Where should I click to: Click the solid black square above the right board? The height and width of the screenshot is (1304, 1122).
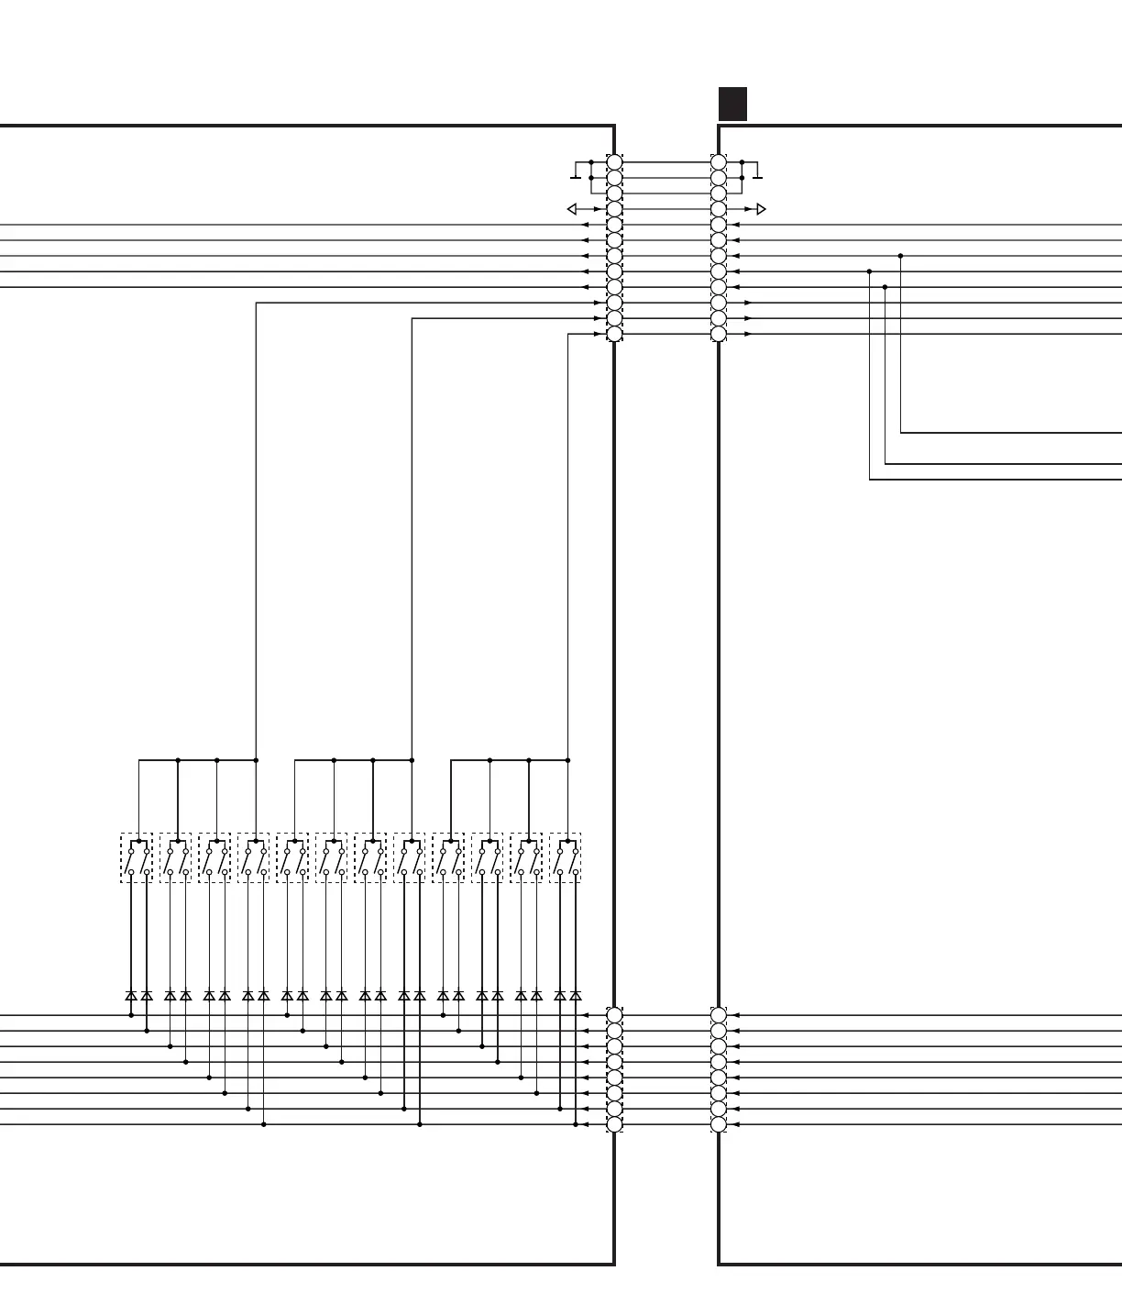pos(732,104)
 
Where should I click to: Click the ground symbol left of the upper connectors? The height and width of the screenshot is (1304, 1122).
pos(575,173)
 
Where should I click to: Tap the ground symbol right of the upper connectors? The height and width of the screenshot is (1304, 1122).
pos(757,173)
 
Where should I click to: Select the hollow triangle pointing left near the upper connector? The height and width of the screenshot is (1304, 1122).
pos(572,209)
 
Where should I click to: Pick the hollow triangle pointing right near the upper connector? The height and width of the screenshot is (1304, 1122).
pos(761,209)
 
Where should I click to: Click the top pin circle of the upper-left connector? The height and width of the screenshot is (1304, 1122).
pos(614,162)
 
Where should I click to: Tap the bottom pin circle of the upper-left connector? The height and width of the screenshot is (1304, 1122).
pos(614,334)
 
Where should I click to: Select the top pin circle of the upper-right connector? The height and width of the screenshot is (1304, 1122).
pos(719,162)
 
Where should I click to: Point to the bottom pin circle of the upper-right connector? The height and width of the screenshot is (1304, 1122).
pos(719,334)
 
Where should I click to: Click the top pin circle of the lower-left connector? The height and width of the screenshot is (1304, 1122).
pos(614,1015)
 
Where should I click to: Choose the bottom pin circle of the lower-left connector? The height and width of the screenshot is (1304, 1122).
pos(614,1124)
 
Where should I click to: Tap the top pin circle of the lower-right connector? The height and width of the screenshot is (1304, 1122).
pos(719,1015)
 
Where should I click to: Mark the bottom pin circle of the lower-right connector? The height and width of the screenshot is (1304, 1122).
pos(719,1124)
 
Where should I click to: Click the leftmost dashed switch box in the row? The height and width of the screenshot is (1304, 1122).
pos(137,858)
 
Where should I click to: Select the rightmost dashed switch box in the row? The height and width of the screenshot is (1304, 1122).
pos(566,858)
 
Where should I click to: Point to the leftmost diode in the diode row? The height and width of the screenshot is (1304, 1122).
pos(131,995)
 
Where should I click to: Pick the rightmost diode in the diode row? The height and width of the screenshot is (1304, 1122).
pos(576,995)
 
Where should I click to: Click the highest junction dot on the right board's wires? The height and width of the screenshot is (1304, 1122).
pos(900,256)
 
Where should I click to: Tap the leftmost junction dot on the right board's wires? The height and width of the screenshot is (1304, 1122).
pos(869,271)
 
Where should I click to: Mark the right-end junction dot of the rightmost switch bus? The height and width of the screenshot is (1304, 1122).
pos(568,760)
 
